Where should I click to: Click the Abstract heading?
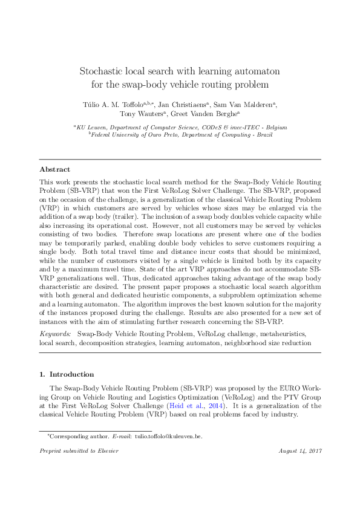(54, 170)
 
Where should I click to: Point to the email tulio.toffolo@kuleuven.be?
(168, 435)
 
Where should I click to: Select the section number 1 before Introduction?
(41, 374)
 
